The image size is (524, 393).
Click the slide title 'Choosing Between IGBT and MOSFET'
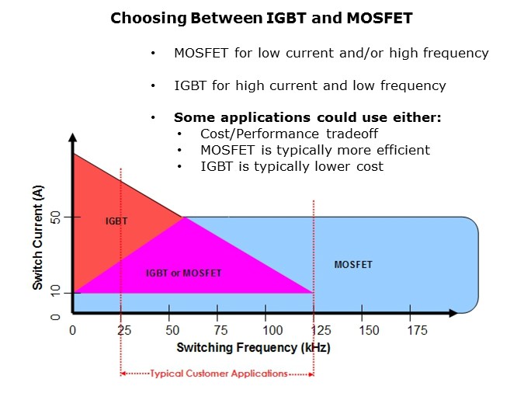pos(262,17)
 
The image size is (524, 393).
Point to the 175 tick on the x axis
pos(418,330)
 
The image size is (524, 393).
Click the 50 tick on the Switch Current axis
pos(55,217)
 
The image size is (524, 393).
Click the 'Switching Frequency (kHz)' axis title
pos(253,347)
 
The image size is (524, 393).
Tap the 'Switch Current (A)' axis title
pos(37,237)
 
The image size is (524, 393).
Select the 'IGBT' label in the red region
pos(116,221)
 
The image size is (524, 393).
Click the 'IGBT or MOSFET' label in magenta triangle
pos(184,273)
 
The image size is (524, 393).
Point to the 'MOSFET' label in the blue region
pos(353,265)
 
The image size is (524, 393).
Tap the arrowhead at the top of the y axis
pos(71,137)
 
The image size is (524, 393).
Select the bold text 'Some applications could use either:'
pos(307,117)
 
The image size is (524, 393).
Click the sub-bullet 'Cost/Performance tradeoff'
pos(290,134)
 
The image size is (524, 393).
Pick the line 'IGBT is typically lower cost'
pos(292,166)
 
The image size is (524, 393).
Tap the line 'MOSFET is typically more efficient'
pos(315,150)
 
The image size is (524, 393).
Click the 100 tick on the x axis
pos(267,330)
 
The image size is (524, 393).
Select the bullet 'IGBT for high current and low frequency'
pos(310,85)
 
